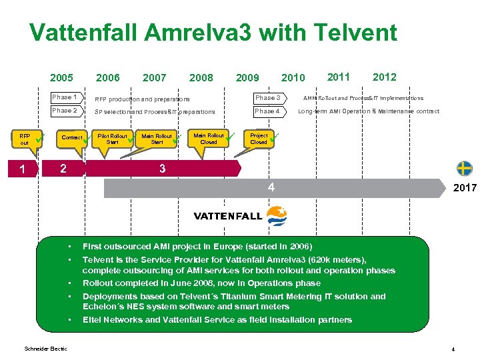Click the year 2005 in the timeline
pyautogui.click(x=61, y=78)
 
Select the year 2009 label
pyautogui.click(x=247, y=78)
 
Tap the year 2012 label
pyautogui.click(x=384, y=77)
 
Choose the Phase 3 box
pyautogui.click(x=268, y=98)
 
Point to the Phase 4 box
pyautogui.click(x=268, y=111)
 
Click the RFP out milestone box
pyautogui.click(x=25, y=139)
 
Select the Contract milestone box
pyautogui.click(x=72, y=138)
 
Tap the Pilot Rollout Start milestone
pyautogui.click(x=112, y=139)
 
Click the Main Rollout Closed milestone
pyautogui.click(x=208, y=138)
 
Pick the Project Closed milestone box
pyautogui.click(x=259, y=138)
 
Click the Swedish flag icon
pyautogui.click(x=464, y=168)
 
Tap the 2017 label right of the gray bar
pyautogui.click(x=465, y=188)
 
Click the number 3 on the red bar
pyautogui.click(x=163, y=169)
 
